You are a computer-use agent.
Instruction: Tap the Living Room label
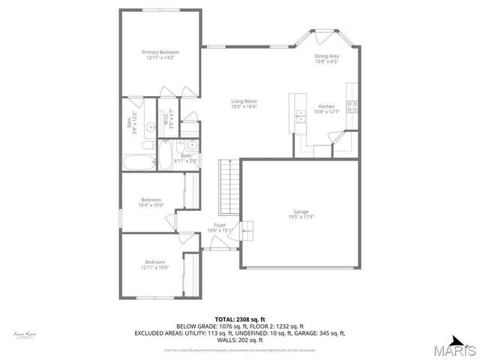coord(244,101)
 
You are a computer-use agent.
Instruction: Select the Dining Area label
coord(327,55)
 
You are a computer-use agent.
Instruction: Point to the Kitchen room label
coord(327,106)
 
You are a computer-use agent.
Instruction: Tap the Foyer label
coord(220,225)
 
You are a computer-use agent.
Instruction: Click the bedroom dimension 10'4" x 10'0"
coord(151,205)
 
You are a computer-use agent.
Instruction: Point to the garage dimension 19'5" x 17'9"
coord(301,217)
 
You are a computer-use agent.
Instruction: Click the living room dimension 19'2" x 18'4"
coord(244,107)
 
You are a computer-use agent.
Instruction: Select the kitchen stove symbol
coord(351,106)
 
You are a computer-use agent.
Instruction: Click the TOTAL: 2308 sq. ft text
coord(240,319)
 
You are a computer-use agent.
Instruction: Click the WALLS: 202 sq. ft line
coord(240,340)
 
